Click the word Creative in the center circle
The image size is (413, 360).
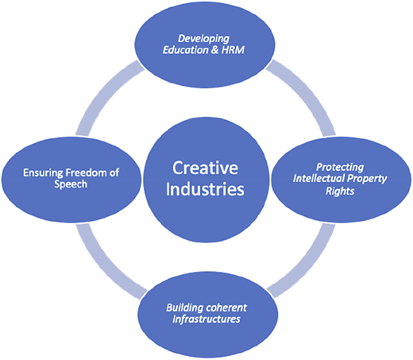[205, 168]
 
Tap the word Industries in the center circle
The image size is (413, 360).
[205, 189]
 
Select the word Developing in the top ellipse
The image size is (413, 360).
[203, 39]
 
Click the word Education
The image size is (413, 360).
[185, 50]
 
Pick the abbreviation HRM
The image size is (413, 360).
[233, 50]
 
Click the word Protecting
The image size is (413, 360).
[340, 168]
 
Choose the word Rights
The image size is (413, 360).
[340, 191]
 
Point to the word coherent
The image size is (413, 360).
[226, 308]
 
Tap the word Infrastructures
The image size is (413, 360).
[206, 319]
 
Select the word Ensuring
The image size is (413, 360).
[43, 173]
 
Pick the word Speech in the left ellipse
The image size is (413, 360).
[71, 184]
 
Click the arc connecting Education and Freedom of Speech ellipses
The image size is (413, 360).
[102, 93]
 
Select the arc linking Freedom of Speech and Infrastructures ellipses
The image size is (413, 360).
[102, 267]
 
